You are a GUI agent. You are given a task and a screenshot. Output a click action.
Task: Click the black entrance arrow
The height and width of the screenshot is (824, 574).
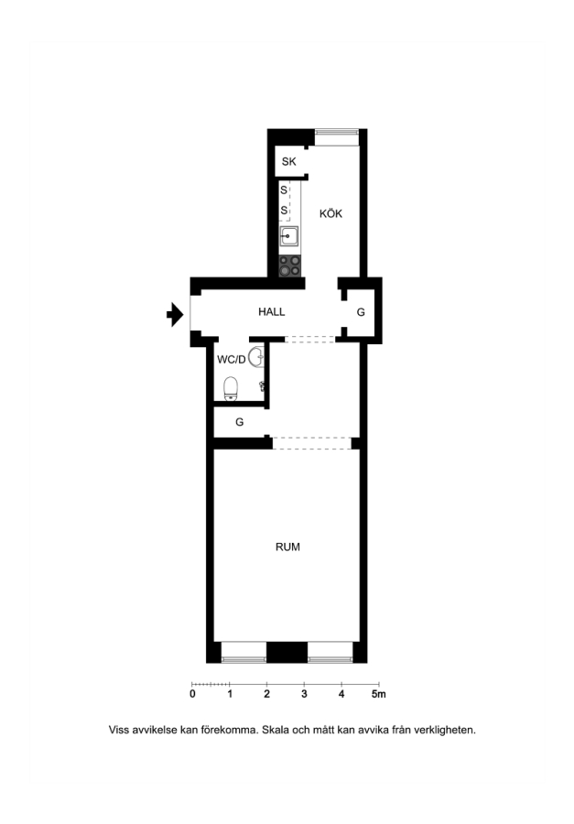pyautogui.click(x=175, y=315)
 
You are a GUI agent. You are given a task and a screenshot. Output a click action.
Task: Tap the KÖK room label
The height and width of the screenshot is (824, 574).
pyautogui.click(x=330, y=213)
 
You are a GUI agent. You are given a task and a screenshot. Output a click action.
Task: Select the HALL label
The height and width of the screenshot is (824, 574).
pyautogui.click(x=271, y=311)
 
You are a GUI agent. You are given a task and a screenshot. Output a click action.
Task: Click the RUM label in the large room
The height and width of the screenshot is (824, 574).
pyautogui.click(x=287, y=547)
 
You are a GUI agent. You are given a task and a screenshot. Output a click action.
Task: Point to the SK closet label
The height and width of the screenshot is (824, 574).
pyautogui.click(x=288, y=161)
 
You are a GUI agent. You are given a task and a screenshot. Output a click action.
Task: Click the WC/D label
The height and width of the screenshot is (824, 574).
pyautogui.click(x=232, y=360)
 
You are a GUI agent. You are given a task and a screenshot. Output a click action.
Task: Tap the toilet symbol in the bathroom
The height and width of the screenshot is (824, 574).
pyautogui.click(x=231, y=389)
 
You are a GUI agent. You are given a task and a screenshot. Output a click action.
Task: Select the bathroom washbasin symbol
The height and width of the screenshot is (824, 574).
pyautogui.click(x=256, y=357)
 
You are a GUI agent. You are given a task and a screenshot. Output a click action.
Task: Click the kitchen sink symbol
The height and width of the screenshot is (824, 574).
pyautogui.click(x=288, y=236)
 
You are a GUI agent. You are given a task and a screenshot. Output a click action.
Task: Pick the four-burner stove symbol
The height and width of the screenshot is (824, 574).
pyautogui.click(x=289, y=266)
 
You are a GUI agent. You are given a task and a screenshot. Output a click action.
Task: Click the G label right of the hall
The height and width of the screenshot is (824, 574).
pyautogui.click(x=361, y=312)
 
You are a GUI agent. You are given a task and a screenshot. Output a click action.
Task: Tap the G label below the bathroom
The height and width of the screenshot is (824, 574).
pyautogui.click(x=239, y=422)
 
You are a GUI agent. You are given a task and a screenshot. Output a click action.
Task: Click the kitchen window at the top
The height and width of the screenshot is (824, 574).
pyautogui.click(x=336, y=137)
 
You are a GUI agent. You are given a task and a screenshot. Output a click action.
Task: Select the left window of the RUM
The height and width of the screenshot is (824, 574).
pyautogui.click(x=244, y=652)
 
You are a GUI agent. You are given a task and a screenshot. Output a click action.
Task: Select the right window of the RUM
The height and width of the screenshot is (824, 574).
pyautogui.click(x=330, y=652)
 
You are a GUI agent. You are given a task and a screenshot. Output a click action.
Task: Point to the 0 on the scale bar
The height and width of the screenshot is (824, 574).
pyautogui.click(x=192, y=694)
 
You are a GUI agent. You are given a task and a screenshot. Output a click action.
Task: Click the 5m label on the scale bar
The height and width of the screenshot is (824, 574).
pyautogui.click(x=378, y=694)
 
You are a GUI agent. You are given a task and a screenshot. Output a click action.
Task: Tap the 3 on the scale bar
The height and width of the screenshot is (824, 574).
pyautogui.click(x=304, y=694)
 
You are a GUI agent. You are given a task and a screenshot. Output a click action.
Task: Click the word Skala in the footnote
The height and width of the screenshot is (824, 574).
pyautogui.click(x=276, y=730)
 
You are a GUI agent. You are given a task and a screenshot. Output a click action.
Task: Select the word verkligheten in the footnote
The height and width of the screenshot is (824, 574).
pyautogui.click(x=445, y=730)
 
